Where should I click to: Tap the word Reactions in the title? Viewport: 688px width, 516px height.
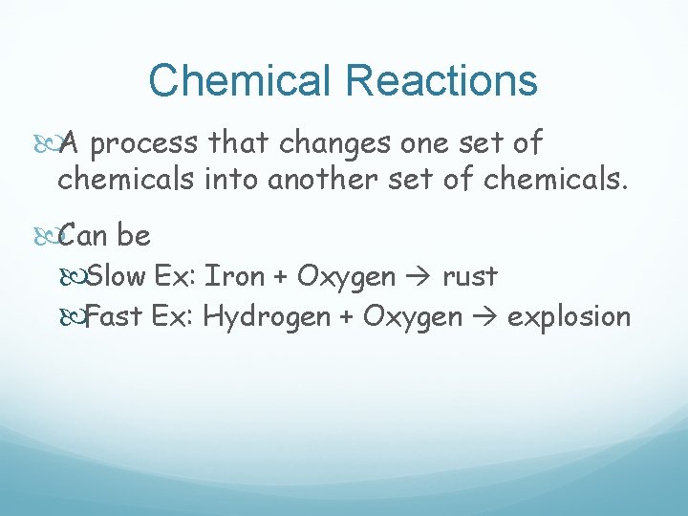click(442, 80)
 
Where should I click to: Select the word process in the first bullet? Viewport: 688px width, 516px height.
click(146, 144)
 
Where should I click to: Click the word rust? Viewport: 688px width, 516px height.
click(469, 276)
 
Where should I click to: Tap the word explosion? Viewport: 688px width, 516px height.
click(569, 316)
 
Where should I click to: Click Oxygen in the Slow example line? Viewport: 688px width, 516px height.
click(346, 277)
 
